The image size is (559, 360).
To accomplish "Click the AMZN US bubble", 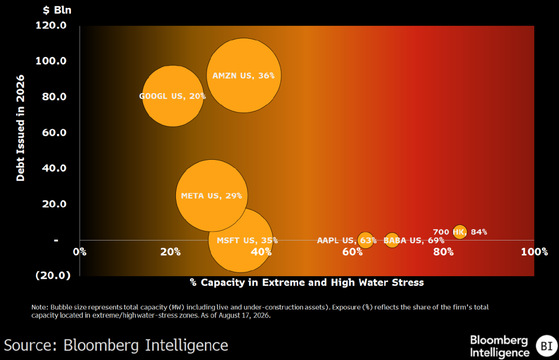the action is click(244, 76).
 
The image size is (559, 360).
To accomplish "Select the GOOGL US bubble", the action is click(173, 96).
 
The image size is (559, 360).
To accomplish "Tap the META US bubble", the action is click(212, 196).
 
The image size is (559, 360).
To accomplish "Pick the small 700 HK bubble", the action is click(460, 232).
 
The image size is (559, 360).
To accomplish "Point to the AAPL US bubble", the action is click(366, 240).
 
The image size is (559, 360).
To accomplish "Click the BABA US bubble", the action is click(392, 240).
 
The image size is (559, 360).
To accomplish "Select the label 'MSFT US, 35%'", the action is click(247, 241).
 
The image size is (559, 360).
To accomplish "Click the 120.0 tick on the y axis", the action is click(51, 25).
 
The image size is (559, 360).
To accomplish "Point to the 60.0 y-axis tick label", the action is click(54, 132).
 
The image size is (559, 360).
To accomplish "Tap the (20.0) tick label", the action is click(53, 275).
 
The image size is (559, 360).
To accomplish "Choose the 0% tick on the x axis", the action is click(80, 252).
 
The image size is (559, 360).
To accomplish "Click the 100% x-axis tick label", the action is click(534, 252).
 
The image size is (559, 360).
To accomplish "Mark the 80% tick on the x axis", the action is click(444, 252).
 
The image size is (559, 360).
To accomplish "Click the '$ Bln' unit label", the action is click(57, 10).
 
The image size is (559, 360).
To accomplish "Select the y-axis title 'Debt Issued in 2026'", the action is click(20, 128).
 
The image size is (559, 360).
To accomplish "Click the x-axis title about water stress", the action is click(307, 282).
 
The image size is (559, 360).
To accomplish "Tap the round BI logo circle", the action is click(547, 346).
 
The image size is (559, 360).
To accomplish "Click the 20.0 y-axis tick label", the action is click(54, 204).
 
